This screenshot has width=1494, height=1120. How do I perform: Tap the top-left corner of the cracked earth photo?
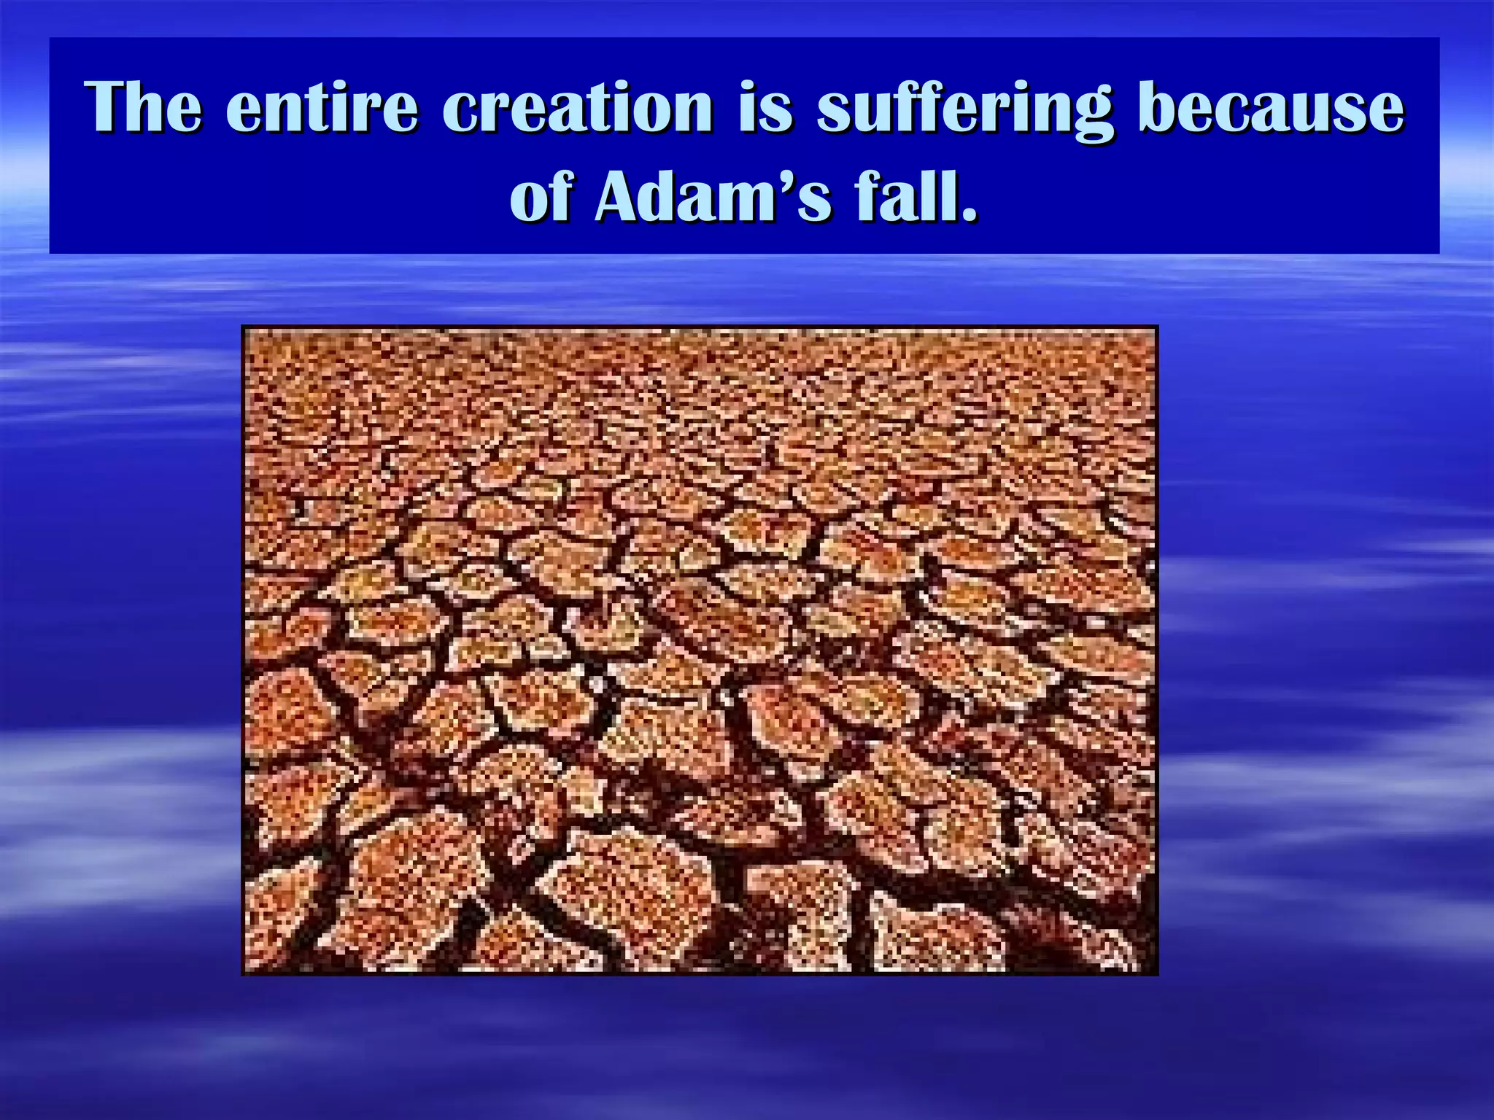[243, 327]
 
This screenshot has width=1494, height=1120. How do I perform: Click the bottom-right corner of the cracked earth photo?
[1157, 973]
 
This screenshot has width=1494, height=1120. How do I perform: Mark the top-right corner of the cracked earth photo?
[1157, 327]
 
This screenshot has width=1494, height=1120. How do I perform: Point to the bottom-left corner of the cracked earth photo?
[243, 973]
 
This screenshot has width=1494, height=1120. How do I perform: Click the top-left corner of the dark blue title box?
[50, 39]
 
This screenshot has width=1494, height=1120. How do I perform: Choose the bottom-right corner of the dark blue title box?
[1439, 252]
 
